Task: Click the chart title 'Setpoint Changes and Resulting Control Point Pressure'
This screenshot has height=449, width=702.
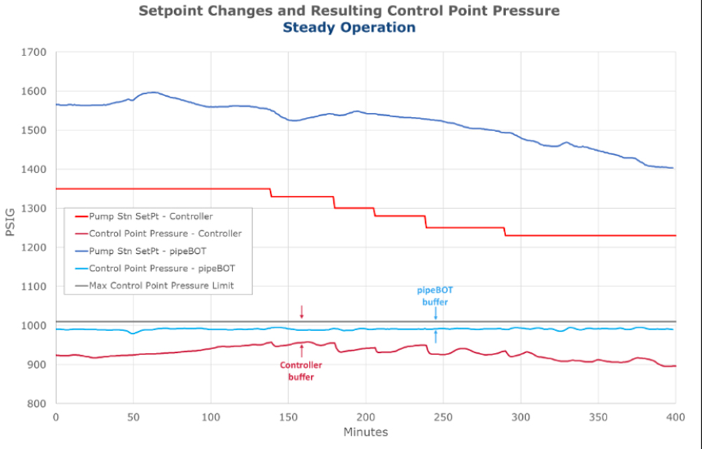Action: point(349,11)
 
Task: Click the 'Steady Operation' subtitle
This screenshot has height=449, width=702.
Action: point(349,27)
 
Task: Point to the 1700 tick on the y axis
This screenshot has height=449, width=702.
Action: point(33,52)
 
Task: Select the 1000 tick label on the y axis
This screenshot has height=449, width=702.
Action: point(33,326)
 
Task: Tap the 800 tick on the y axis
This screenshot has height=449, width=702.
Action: point(35,403)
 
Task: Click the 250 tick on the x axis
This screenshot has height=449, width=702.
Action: point(443,417)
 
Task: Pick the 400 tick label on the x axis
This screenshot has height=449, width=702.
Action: point(675,417)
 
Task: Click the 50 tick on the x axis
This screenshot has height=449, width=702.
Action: point(133,417)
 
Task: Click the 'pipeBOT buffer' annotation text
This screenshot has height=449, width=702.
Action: point(435,295)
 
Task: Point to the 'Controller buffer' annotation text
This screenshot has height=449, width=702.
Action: point(301,370)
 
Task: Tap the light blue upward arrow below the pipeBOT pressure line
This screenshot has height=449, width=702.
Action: point(435,337)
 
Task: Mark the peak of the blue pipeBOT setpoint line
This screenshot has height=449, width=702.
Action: point(152,92)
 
